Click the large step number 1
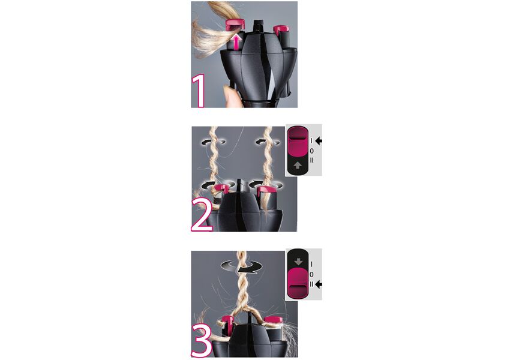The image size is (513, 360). [199, 91]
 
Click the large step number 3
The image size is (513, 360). [202, 340]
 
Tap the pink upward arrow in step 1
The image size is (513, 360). [236, 43]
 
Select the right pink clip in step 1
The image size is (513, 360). [280, 31]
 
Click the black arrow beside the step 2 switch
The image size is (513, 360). [319, 141]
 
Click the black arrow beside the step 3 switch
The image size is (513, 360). [319, 284]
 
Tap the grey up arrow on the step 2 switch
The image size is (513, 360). [298, 166]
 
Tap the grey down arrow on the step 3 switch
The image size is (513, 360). [298, 262]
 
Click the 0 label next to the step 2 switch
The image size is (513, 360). [311, 151]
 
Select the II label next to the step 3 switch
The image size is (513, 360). [311, 284]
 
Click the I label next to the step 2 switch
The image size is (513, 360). [311, 141]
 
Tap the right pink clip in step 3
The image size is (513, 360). [274, 320]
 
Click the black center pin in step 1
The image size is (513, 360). [259, 26]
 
